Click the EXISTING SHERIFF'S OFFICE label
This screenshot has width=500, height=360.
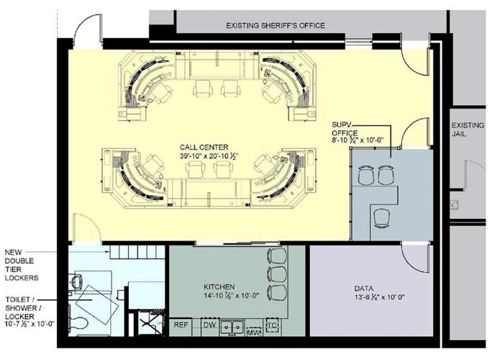276,26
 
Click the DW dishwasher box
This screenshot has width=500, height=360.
209,325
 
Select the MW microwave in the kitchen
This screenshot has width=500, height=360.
253,332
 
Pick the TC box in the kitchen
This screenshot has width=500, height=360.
272,325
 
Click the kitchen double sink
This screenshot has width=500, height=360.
231,327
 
